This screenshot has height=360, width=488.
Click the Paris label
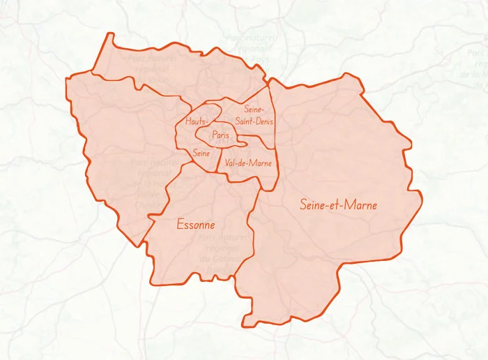tap(221, 135)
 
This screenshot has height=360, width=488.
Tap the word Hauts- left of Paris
tap(197, 121)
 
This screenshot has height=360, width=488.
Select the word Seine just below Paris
tap(201, 152)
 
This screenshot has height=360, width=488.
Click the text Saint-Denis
tap(254, 121)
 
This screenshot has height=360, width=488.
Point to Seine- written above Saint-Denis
tap(254, 109)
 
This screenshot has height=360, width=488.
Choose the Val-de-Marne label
tap(248, 163)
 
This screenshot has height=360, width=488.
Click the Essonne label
tap(195, 225)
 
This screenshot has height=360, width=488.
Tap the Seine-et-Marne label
tap(338, 204)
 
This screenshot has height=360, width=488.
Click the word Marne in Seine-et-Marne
tap(361, 204)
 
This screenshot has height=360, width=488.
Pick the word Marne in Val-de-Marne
tap(260, 163)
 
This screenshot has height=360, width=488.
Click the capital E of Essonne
tap(180, 225)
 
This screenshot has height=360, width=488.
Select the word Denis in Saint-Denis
tap(265, 121)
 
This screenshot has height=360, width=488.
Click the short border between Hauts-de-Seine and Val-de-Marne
tap(219, 165)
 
